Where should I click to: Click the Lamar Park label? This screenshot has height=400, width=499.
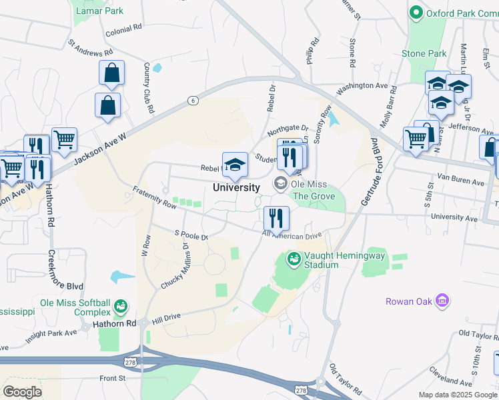click(99, 11)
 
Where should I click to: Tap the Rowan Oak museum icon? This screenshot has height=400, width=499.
click(441, 301)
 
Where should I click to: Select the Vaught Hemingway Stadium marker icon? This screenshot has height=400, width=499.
click(293, 258)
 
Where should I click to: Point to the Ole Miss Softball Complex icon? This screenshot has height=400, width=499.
click(120, 307)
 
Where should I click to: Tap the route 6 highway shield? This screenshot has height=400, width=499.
click(193, 100)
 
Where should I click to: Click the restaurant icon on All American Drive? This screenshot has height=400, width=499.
click(275, 217)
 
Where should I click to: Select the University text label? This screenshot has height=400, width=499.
click(236, 187)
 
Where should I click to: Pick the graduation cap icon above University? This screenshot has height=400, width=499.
click(235, 165)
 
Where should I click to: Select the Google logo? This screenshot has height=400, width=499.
click(22, 392)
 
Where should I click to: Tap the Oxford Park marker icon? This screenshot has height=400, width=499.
click(416, 13)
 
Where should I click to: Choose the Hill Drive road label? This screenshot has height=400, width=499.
click(166, 319)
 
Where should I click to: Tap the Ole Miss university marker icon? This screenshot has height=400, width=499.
click(280, 183)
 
